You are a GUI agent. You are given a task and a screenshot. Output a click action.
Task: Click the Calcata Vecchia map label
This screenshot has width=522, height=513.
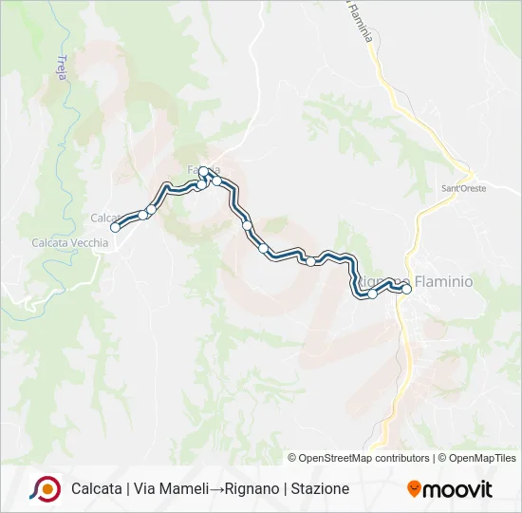coord(70,242)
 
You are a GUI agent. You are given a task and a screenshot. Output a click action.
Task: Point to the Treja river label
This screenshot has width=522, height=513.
coord(62,69)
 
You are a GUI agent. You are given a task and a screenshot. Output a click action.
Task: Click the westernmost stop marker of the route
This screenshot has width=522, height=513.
coord(116,227)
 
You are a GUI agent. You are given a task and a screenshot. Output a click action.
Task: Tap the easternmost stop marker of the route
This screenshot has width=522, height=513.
coord(406,290)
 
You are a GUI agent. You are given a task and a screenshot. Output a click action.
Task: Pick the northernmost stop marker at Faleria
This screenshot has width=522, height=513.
coord(203,172)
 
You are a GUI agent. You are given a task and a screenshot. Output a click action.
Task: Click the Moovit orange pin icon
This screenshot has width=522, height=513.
coord(414,489)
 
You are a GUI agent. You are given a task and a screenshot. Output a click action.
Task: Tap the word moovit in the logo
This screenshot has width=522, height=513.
coord(457,489)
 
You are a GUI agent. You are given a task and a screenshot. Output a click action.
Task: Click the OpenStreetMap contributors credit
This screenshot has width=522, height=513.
coord(359,458)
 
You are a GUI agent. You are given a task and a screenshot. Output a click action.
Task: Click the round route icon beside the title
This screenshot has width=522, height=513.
coord(45,488)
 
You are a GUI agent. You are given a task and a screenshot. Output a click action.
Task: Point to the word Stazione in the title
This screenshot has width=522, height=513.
coord(321,488)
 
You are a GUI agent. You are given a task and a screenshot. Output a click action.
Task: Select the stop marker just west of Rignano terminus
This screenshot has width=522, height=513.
coord(372,294)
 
